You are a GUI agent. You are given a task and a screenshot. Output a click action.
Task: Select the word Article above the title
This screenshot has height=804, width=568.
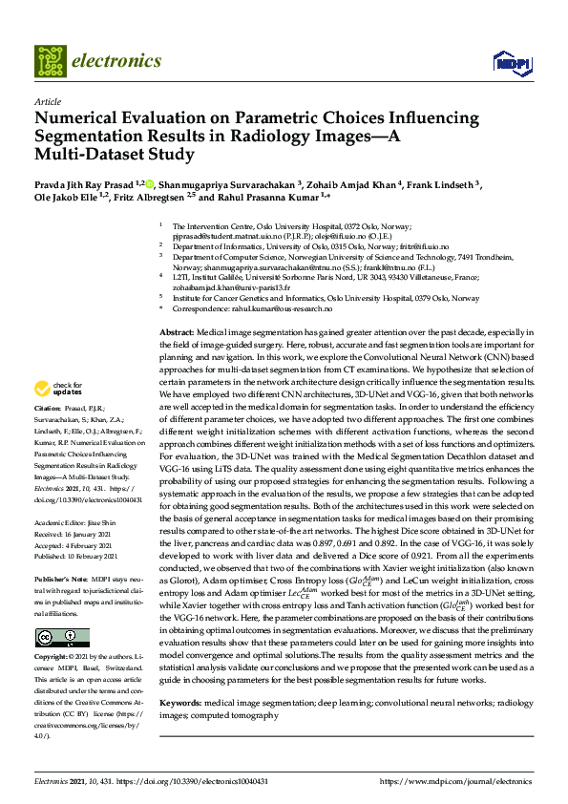pos(47,100)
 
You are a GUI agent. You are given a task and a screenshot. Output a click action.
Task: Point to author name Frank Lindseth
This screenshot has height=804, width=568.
pos(443,184)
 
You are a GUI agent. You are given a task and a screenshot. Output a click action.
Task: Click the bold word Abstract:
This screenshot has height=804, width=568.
pos(177,330)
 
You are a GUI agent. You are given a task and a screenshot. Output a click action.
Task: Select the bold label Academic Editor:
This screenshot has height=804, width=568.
pos(62,524)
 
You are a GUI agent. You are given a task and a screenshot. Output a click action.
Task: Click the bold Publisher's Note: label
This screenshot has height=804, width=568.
pos(63,579)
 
